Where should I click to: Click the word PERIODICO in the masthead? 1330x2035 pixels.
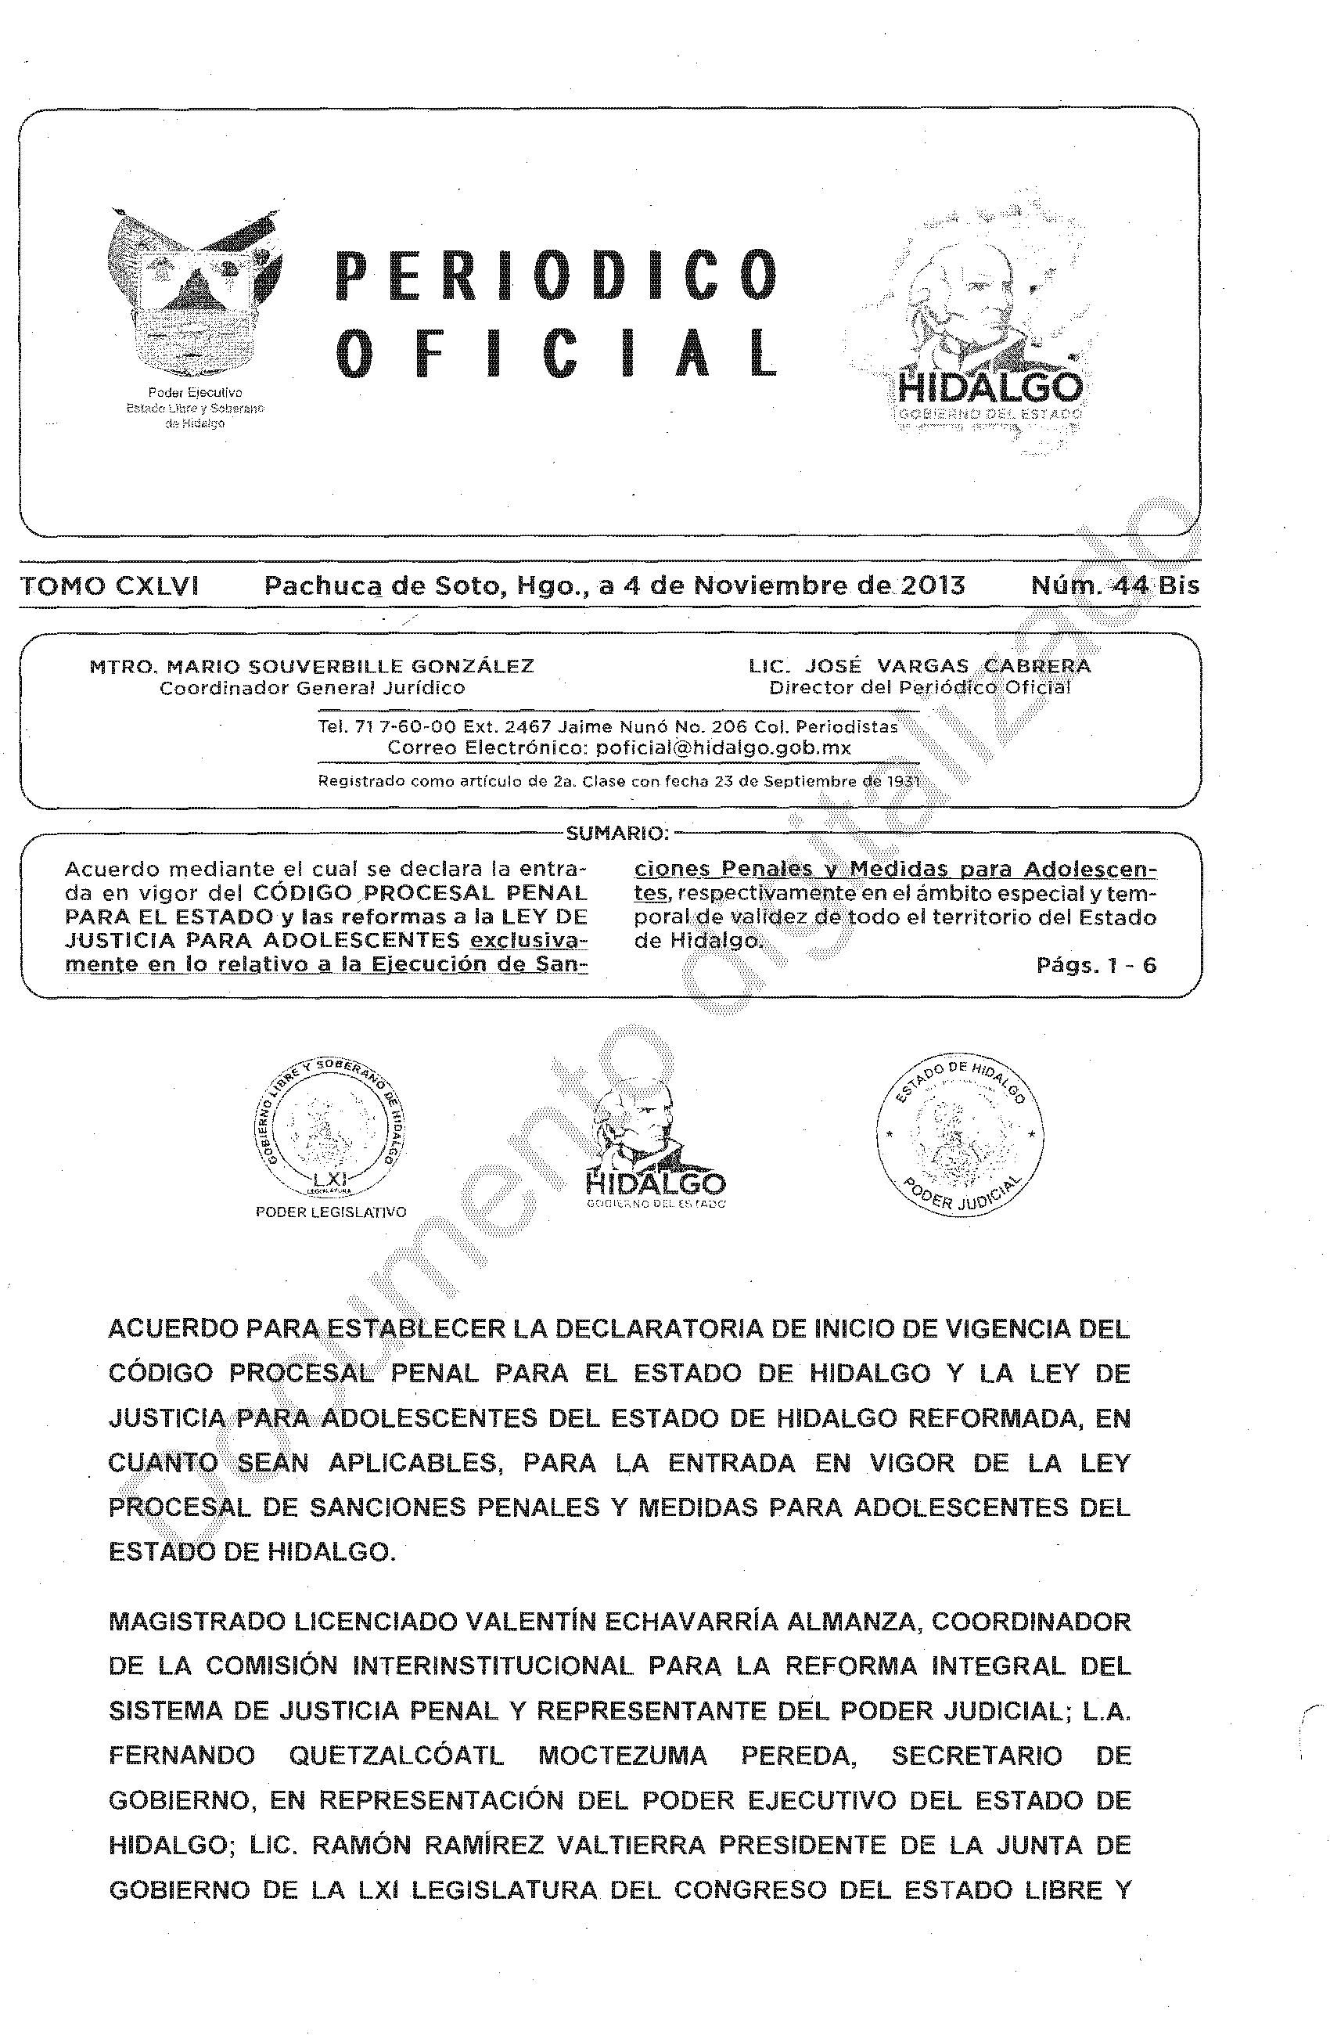point(556,276)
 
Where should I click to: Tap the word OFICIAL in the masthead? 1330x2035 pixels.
point(556,351)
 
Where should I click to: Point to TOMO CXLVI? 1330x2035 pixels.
point(110,585)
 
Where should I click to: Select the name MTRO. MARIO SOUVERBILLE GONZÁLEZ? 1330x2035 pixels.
point(312,666)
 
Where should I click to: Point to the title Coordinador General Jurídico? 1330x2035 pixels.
point(312,687)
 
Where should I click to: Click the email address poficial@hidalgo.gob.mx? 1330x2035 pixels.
point(723,747)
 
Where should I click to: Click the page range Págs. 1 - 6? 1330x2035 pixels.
point(1096,965)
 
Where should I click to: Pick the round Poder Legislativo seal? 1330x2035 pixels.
point(332,1126)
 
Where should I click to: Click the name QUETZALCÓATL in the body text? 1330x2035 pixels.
point(397,1756)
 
